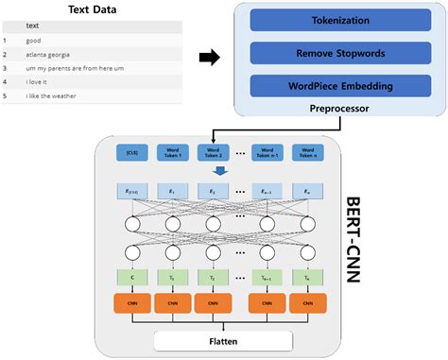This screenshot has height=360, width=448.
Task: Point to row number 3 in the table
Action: [x=6, y=69]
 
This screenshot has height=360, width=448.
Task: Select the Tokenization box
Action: [x=338, y=20]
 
